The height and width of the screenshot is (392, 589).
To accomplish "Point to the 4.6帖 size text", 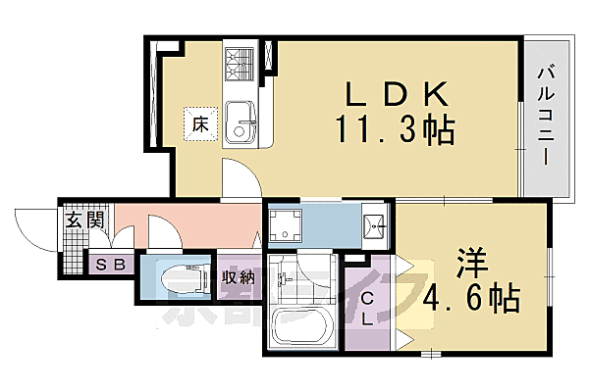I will pos(472,295).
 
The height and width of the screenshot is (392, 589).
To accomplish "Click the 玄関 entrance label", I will pos(84,220).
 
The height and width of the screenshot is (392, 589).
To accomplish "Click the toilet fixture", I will pos(187,277).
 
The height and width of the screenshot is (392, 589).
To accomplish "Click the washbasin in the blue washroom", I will pos(372,226).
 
